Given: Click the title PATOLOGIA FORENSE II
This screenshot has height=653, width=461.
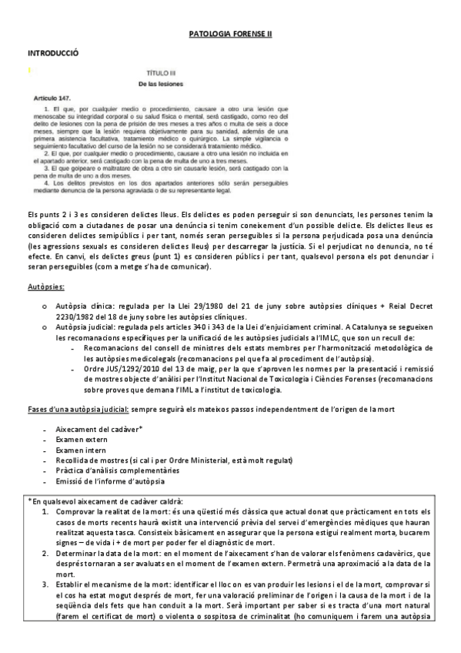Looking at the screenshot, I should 230,35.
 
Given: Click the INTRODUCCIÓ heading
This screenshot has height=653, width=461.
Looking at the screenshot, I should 52,53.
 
